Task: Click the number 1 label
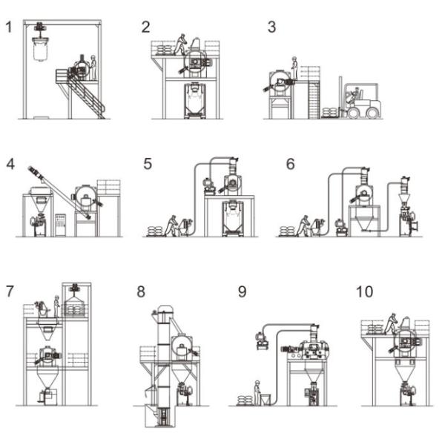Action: point(9,27)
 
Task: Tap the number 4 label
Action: point(10,164)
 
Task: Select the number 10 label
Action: point(364,291)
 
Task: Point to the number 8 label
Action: point(141,291)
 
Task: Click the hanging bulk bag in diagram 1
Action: point(41,49)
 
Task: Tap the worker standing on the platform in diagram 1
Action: point(93,67)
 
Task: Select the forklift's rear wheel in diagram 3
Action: point(372,113)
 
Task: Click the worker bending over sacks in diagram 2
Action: point(180,44)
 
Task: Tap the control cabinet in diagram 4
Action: point(61,225)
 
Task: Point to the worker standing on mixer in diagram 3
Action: point(294,68)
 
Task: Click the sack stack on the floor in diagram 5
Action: point(156,231)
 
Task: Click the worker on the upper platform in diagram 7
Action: point(57,306)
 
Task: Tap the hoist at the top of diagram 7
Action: point(75,287)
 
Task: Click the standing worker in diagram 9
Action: point(257,393)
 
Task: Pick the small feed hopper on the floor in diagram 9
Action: point(266,399)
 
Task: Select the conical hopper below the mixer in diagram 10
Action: point(405,372)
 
